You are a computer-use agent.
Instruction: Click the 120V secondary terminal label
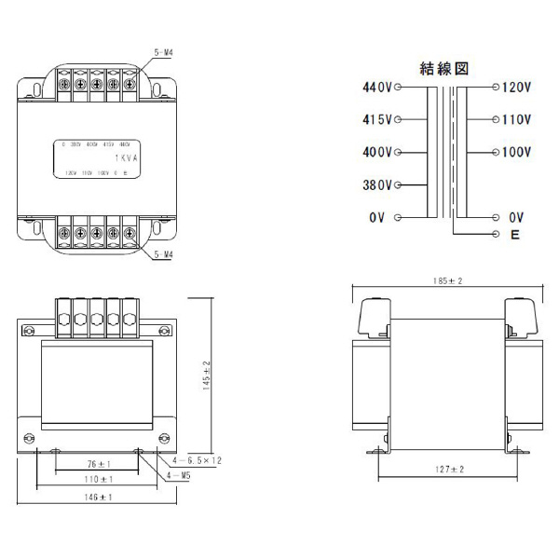tap(516, 88)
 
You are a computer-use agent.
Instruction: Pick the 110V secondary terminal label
tap(516, 120)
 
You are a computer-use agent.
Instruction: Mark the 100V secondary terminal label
tap(516, 152)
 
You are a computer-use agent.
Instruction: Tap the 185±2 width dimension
tap(448, 280)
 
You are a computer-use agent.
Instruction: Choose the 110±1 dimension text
tap(97, 479)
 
